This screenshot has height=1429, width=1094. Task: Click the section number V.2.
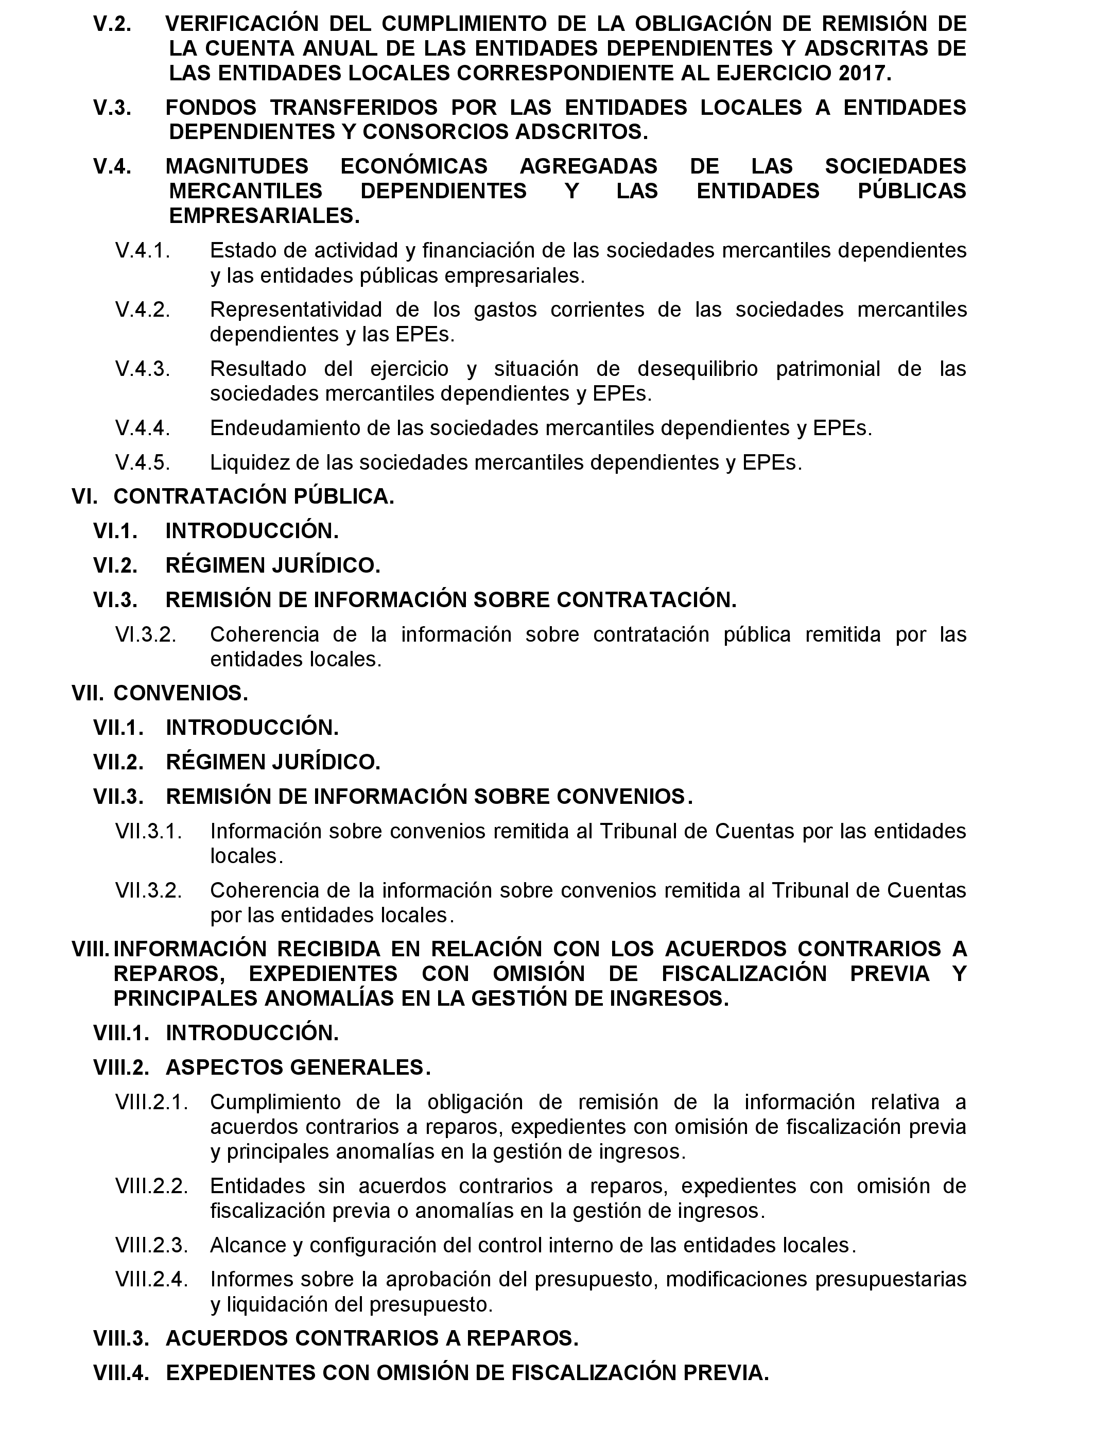pos(112,24)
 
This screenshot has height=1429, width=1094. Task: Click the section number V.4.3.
pos(143,369)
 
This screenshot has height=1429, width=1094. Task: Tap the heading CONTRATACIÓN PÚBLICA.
pos(254,496)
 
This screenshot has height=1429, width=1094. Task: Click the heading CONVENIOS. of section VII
pos(181,693)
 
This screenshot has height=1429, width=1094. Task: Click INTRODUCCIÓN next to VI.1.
pos(252,531)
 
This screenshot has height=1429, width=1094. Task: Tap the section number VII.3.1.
pos(148,831)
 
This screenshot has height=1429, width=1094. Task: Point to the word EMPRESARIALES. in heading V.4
pos(265,216)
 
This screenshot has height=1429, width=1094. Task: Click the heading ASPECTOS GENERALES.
pos(298,1068)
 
